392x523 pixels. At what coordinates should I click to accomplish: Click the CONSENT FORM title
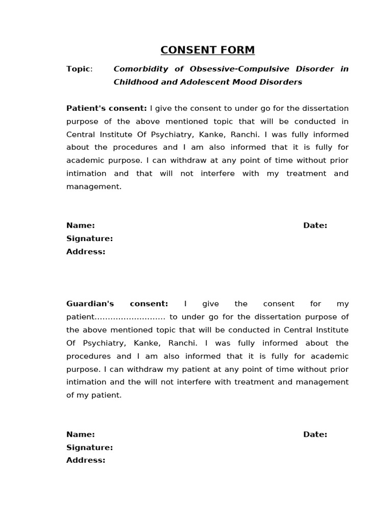click(207, 50)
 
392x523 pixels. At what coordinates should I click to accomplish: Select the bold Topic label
click(79, 69)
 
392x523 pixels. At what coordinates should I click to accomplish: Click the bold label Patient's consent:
click(106, 108)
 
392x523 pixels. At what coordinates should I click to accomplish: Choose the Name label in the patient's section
click(81, 226)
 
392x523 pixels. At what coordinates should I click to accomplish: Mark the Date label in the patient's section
click(315, 226)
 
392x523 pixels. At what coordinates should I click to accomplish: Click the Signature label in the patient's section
click(89, 239)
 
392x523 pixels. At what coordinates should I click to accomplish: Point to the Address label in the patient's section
click(86, 252)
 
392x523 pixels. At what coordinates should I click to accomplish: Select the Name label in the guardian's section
click(81, 435)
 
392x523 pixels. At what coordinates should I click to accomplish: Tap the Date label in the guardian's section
click(315, 435)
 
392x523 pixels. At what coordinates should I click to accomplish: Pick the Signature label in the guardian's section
click(89, 447)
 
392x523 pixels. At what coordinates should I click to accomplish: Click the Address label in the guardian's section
click(86, 460)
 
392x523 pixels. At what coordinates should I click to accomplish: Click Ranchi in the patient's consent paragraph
click(245, 134)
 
